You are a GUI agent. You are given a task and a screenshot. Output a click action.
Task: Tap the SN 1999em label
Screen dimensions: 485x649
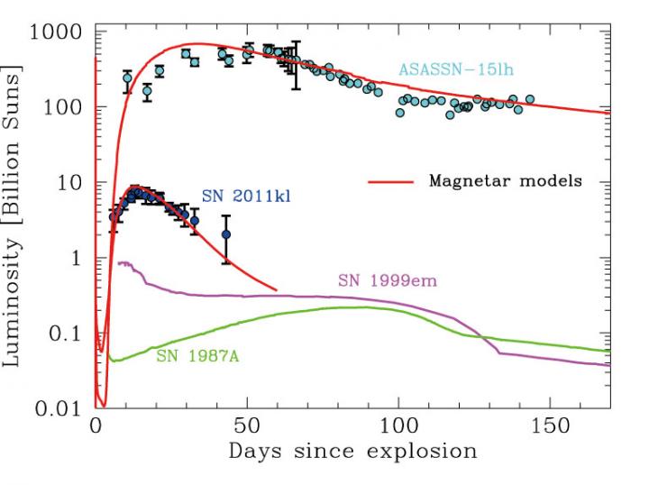pos(388,279)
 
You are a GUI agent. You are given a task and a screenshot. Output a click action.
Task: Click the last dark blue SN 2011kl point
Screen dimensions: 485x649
pos(226,234)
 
